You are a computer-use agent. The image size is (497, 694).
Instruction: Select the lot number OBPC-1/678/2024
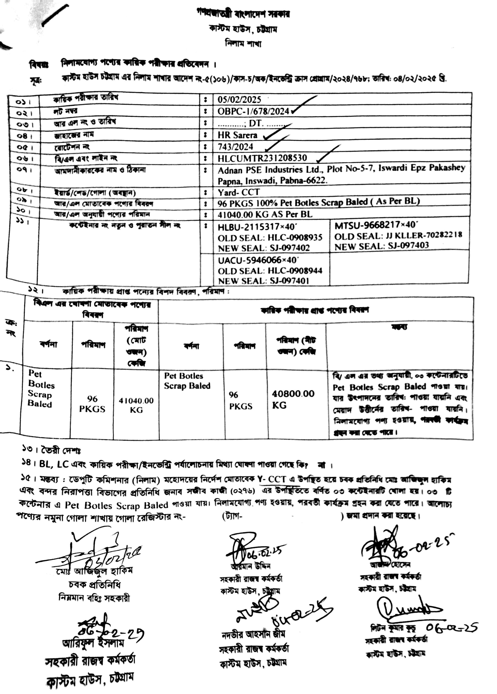[253, 111]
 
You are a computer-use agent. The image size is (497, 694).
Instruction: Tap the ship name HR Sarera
[237, 135]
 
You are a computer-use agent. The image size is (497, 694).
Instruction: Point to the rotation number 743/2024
[235, 147]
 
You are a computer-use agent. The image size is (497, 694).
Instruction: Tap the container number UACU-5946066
[249, 260]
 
